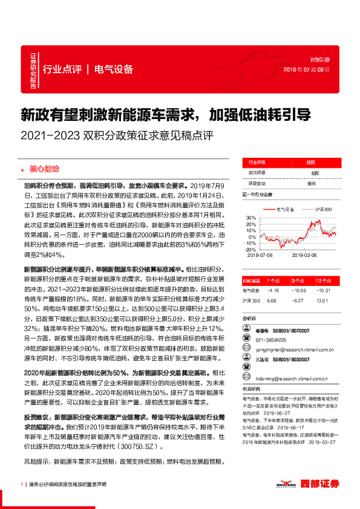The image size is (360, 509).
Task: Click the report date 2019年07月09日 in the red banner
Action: tap(307, 70)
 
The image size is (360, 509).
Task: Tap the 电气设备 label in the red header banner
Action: tap(114, 69)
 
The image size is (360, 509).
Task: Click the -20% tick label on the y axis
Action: tap(248, 249)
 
